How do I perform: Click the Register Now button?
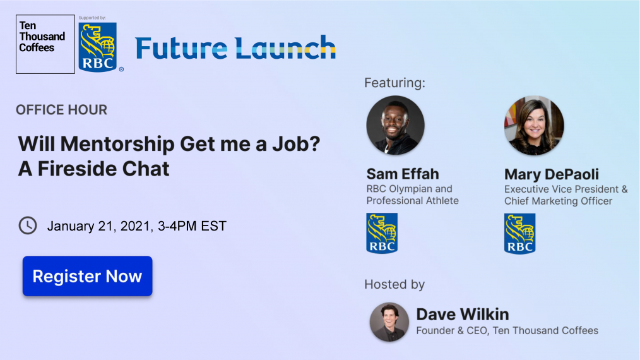[x=87, y=276]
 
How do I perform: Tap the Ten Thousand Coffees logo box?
[x=45, y=44]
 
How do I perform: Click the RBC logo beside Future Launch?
[x=98, y=47]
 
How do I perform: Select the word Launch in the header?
[x=285, y=47]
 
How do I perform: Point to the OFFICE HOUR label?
[x=62, y=110]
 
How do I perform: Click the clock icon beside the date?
[x=28, y=225]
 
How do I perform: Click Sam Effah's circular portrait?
[x=395, y=125]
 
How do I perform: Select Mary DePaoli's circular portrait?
[x=534, y=126]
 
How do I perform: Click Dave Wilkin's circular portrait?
[x=389, y=322]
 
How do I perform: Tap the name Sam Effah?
[x=403, y=174]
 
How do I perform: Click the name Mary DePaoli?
[x=552, y=174]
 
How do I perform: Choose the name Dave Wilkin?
[x=463, y=315]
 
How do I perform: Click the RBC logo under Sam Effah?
[x=382, y=233]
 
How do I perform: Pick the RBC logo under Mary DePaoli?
[x=519, y=233]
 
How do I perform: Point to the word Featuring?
[x=394, y=83]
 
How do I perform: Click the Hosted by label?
[x=394, y=284]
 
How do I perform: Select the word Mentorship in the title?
[x=117, y=144]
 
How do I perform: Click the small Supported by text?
[x=92, y=18]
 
